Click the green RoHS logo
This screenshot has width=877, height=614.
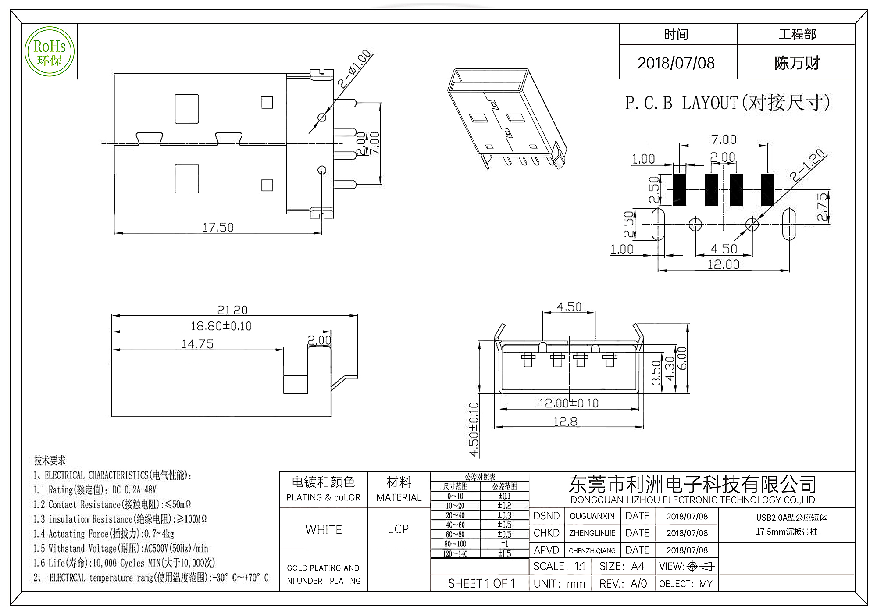(50, 52)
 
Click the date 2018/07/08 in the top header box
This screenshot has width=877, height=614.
(676, 63)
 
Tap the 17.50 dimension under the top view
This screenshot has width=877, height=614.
(217, 227)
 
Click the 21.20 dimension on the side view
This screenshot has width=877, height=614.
(232, 310)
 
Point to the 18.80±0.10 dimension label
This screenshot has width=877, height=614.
(221, 326)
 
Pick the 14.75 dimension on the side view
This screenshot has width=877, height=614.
(197, 344)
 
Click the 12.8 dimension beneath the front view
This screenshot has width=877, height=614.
(565, 421)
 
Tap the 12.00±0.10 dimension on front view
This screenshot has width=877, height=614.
(568, 403)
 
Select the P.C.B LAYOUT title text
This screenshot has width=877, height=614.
(727, 103)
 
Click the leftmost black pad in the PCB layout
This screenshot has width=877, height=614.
(679, 189)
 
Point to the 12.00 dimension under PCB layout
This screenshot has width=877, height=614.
(723, 264)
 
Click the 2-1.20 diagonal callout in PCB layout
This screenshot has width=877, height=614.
(807, 166)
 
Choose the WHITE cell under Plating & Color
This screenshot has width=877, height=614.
(324, 529)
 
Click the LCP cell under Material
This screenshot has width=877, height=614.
(398, 529)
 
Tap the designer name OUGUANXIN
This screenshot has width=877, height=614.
(592, 516)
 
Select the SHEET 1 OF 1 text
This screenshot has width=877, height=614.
(481, 583)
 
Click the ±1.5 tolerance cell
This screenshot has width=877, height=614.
(504, 553)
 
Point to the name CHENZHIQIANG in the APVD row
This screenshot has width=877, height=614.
(592, 550)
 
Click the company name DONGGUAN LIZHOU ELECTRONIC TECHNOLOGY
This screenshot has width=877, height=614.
(692, 500)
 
